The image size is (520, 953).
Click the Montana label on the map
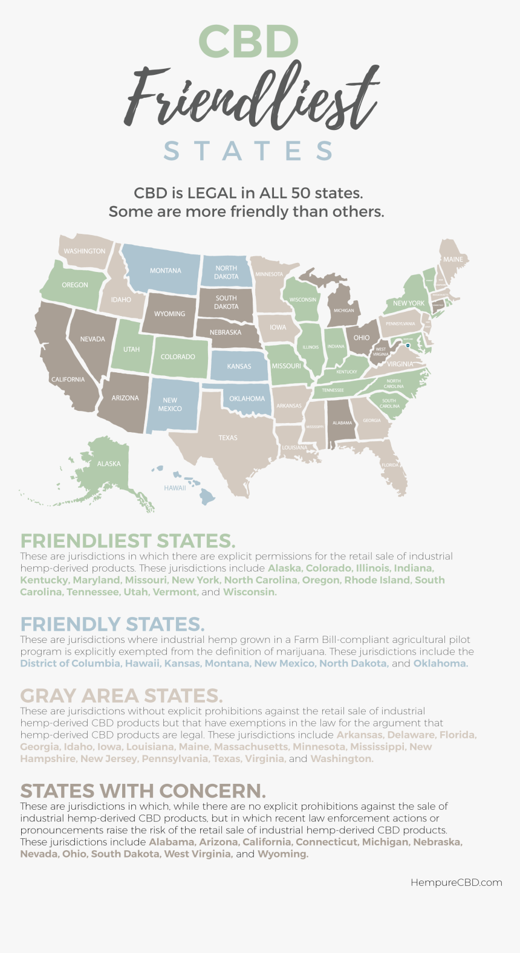[165, 271]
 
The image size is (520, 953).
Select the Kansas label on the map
[239, 366]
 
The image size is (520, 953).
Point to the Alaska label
[109, 464]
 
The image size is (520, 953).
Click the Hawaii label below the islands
[175, 488]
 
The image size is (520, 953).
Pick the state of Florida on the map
[390, 465]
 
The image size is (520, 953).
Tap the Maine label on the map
[453, 259]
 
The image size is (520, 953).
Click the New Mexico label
[170, 404]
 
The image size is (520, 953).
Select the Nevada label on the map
[93, 339]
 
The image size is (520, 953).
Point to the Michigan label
[344, 311]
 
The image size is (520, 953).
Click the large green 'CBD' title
[249, 42]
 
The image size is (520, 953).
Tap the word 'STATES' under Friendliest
[249, 151]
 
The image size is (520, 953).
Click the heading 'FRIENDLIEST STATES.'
[128, 540]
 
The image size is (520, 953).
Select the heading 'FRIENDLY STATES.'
[112, 624]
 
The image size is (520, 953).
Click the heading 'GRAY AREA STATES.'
[121, 696]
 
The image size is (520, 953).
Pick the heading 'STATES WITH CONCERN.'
[143, 790]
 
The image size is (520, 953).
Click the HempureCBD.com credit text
[456, 882]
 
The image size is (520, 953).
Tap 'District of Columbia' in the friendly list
[70, 664]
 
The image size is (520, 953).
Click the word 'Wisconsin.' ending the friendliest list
[250, 592]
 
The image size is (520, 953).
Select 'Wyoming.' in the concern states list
[283, 854]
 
